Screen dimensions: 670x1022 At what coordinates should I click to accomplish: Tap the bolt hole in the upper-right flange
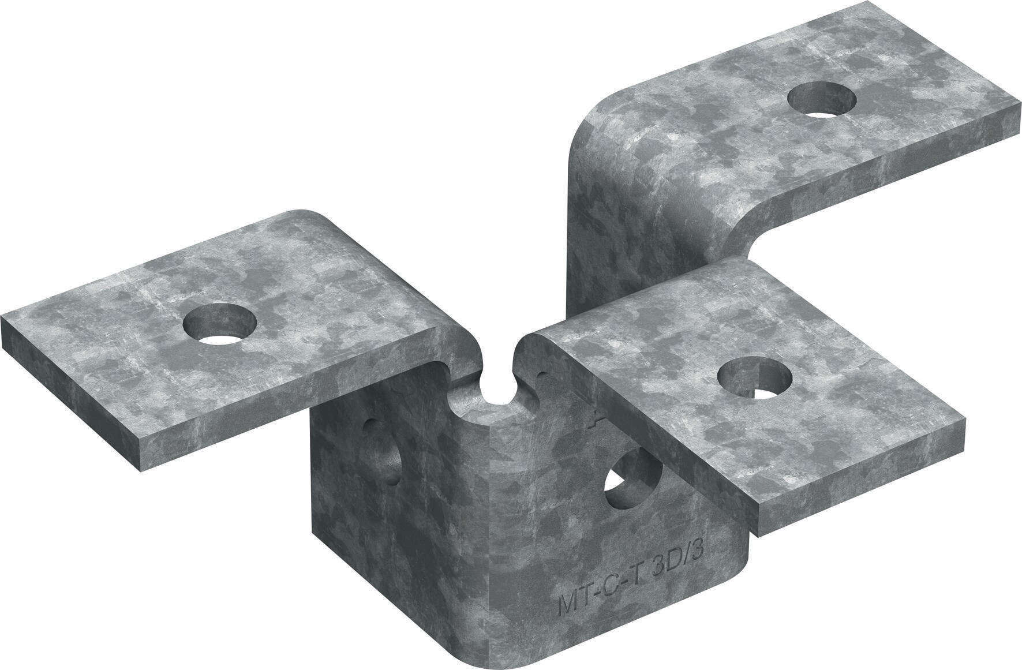(x=822, y=99)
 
